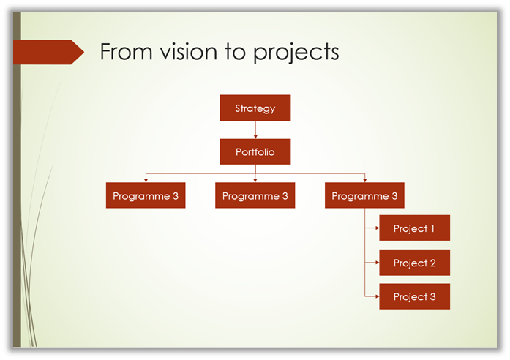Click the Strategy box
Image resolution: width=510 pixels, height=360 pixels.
255,108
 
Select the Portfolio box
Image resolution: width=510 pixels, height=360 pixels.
255,152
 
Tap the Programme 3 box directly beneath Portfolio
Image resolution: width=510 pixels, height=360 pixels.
255,195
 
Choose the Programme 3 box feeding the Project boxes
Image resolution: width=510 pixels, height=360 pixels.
364,195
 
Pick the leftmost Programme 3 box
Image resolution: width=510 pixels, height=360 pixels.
146,195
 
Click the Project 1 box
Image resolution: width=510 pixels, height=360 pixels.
415,228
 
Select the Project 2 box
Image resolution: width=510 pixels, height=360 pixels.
415,263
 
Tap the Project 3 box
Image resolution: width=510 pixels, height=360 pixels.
415,296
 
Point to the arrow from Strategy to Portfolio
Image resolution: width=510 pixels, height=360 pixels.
255,130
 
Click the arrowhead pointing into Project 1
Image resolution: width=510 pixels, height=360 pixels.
378,228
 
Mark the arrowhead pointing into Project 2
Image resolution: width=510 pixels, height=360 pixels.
378,263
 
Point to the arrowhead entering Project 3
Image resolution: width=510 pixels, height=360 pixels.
378,296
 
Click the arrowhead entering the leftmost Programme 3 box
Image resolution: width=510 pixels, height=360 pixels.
146,180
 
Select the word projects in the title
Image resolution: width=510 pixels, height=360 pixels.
296,53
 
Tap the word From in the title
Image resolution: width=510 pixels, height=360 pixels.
126,52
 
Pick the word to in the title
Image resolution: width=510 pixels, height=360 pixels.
235,52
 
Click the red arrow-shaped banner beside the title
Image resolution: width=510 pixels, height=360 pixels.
48,52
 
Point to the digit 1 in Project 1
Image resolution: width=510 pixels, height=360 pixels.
432,228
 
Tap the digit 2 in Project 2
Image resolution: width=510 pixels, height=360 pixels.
432,263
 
